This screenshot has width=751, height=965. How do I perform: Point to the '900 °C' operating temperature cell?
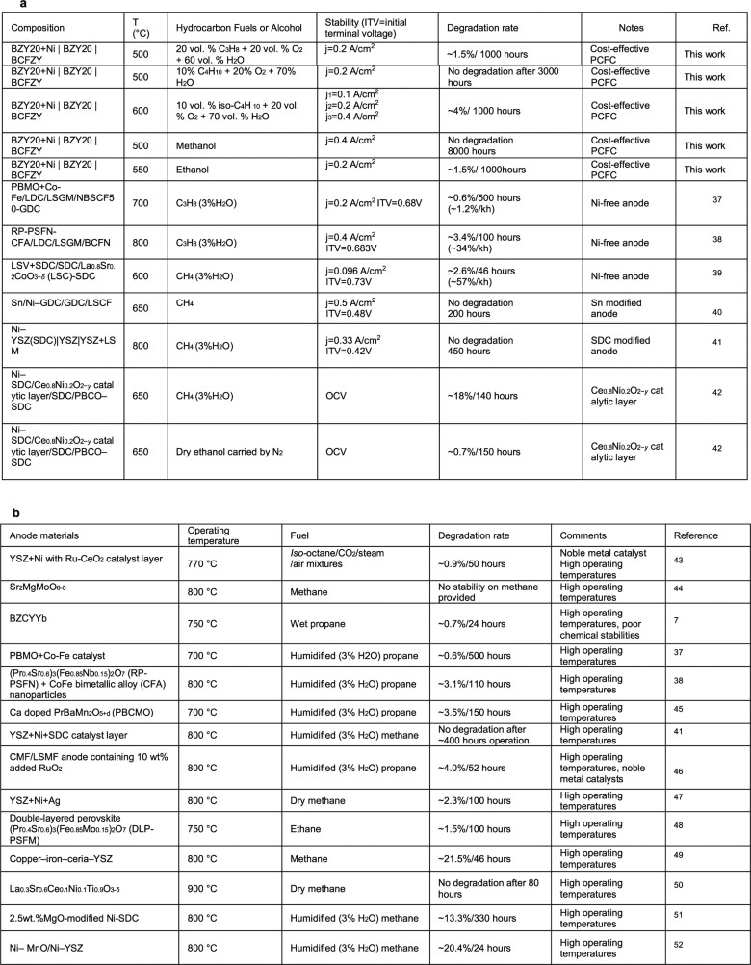[x=207, y=873]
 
